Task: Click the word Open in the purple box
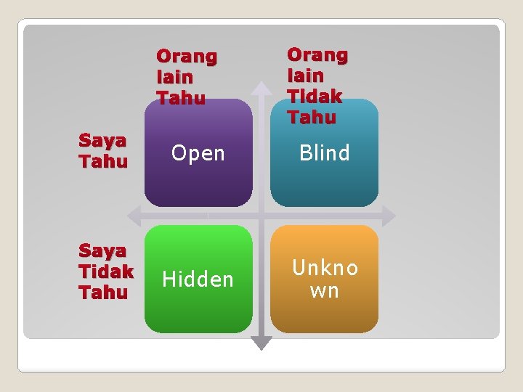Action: pyautogui.click(x=198, y=153)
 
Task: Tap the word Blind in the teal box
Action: pyautogui.click(x=324, y=153)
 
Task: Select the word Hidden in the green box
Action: pyautogui.click(x=198, y=279)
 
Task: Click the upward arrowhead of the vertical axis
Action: pyautogui.click(x=262, y=87)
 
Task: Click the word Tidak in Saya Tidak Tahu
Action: pyautogui.click(x=106, y=271)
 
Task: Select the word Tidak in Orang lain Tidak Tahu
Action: pyautogui.click(x=314, y=96)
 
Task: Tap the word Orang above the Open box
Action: pyautogui.click(x=187, y=56)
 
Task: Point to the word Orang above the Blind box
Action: pyautogui.click(x=317, y=54)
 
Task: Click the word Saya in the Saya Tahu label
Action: pyautogui.click(x=102, y=140)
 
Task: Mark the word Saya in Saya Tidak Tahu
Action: pyautogui.click(x=102, y=251)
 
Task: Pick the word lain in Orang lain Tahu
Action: pyautogui.click(x=174, y=76)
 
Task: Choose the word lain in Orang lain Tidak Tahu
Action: pyautogui.click(x=305, y=75)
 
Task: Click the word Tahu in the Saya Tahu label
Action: pyautogui.click(x=103, y=161)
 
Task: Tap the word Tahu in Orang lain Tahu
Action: pyautogui.click(x=180, y=97)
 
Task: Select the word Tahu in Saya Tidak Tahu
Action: pyautogui.click(x=103, y=293)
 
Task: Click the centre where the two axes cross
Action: pyautogui.click(x=262, y=216)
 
